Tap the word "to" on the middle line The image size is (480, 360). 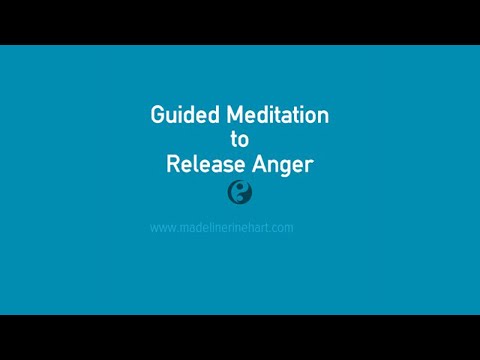point(240,141)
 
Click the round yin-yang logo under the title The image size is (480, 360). point(240,190)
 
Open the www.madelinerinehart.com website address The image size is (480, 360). point(221,228)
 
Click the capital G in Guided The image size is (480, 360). point(157,116)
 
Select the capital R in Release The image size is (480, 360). point(171,165)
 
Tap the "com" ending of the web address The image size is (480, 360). point(283,228)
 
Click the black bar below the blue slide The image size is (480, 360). point(240,337)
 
